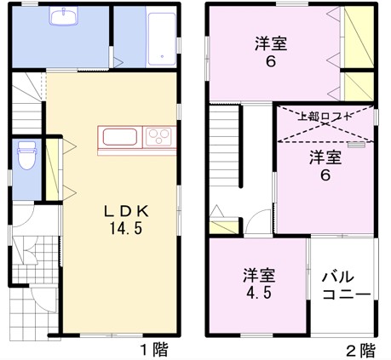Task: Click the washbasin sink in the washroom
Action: tap(64, 16)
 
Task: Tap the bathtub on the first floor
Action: tap(162, 39)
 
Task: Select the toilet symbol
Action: tap(26, 156)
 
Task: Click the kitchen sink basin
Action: tap(120, 137)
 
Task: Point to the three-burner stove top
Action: tap(158, 137)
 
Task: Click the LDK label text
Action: tap(126, 212)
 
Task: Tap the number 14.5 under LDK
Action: tap(126, 228)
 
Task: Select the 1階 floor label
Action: tap(154, 350)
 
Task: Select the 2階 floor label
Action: tap(361, 351)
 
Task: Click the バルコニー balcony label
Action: tap(346, 285)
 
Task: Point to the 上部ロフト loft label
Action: tap(325, 117)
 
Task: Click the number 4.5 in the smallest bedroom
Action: tap(258, 293)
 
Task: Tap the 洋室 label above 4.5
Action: tap(259, 275)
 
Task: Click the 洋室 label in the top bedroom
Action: tap(271, 43)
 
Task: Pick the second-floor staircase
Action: tap(224, 146)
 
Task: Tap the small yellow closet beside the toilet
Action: tap(52, 169)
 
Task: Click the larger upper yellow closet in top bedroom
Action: tap(359, 37)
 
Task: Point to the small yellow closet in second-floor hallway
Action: tap(224, 227)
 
